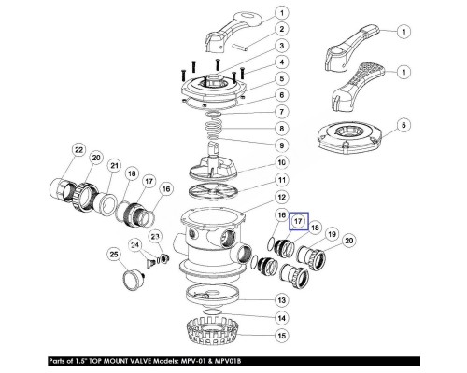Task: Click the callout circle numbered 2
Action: click(281, 29)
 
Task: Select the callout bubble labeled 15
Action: click(281, 336)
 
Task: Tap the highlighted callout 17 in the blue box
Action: click(298, 221)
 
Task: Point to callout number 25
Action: click(114, 255)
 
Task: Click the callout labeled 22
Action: click(79, 150)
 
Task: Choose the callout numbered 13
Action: click(281, 300)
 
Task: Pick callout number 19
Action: click(333, 234)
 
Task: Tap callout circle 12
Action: click(281, 197)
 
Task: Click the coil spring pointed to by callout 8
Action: click(214, 127)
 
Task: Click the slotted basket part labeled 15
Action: click(212, 331)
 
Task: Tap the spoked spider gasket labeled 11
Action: click(213, 190)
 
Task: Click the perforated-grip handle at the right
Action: click(357, 86)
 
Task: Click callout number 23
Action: click(155, 237)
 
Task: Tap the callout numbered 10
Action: click(281, 162)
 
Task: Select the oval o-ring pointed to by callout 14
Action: click(212, 311)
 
